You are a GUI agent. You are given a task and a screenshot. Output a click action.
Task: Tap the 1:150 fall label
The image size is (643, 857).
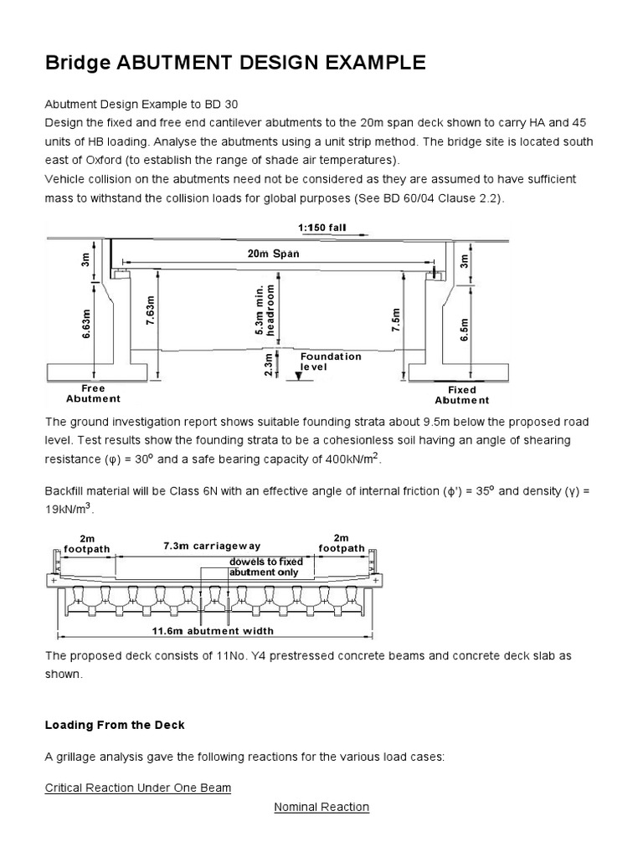point(321,227)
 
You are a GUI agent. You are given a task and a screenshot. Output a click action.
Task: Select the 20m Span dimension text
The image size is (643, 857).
point(273,253)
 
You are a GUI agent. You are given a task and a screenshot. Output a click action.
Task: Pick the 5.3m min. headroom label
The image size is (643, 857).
point(265,309)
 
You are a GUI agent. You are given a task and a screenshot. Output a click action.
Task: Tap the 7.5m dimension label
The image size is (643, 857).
point(397,320)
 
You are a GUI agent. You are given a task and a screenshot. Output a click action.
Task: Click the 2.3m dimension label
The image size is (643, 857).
point(268,365)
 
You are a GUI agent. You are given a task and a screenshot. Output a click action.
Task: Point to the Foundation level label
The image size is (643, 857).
point(331,362)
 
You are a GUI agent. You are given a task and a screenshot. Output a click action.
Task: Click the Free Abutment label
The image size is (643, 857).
point(93,393)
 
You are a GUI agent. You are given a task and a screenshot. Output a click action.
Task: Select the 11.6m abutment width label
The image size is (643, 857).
point(213,631)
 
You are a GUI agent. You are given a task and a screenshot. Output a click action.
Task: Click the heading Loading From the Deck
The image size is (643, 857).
point(115,725)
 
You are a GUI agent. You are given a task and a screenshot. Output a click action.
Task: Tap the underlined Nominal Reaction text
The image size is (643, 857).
point(321,807)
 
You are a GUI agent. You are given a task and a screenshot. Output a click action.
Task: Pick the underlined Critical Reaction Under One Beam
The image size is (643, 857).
point(137,788)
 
